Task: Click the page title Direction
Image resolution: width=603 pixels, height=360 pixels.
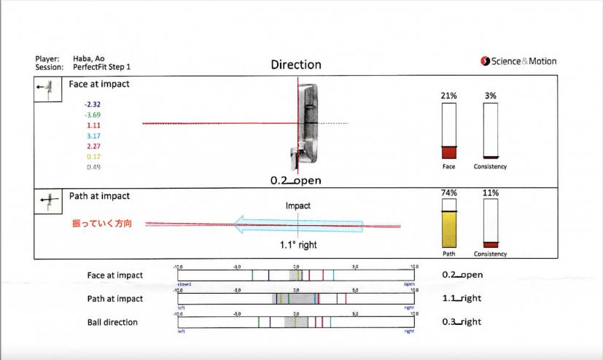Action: (x=296, y=65)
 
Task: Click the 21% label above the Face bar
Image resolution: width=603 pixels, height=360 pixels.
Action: (x=449, y=96)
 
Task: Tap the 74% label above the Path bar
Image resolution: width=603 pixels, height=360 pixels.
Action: (x=449, y=192)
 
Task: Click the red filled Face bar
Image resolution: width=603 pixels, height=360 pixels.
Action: (x=449, y=152)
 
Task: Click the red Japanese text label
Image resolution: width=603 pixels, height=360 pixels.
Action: (x=101, y=224)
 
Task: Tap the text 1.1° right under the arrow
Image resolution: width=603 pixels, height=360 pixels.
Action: (x=297, y=245)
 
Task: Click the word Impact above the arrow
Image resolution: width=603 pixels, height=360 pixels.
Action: (x=297, y=206)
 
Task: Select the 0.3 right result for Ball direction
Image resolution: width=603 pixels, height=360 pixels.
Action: (x=462, y=322)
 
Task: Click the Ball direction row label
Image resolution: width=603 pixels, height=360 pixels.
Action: (x=112, y=322)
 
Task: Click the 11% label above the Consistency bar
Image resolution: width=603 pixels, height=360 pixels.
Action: (x=491, y=192)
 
